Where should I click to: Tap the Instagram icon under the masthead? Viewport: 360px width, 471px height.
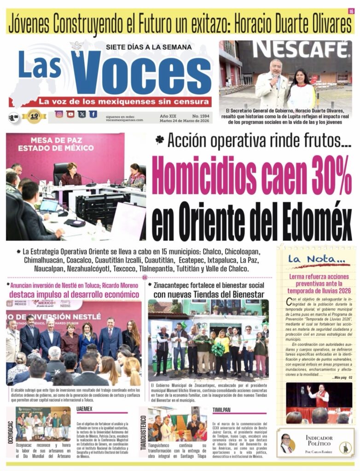tap(59, 114)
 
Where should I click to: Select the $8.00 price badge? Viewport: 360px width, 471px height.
tap(14, 118)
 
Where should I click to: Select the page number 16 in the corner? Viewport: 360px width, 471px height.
tap(351, 11)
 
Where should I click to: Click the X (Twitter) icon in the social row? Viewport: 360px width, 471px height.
tap(82, 114)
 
